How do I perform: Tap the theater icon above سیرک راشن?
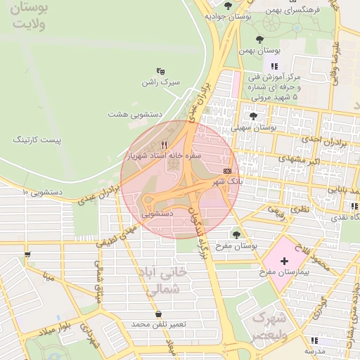click(x=161, y=71)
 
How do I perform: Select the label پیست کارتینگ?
click(x=37, y=140)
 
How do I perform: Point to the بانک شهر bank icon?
click(x=227, y=171)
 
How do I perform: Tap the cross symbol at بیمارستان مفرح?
click(x=284, y=261)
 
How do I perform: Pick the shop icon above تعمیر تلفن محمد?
click(x=158, y=314)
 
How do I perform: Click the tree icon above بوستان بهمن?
click(x=260, y=39)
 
